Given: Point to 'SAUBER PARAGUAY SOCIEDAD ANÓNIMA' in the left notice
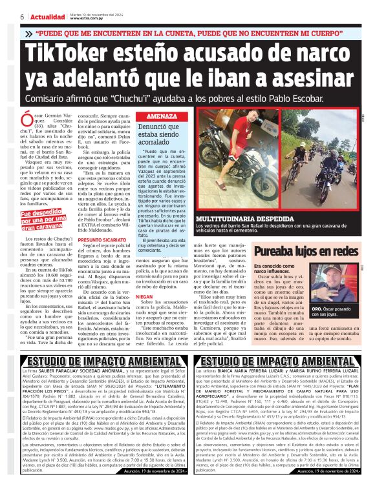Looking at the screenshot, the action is pos(87,372).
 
